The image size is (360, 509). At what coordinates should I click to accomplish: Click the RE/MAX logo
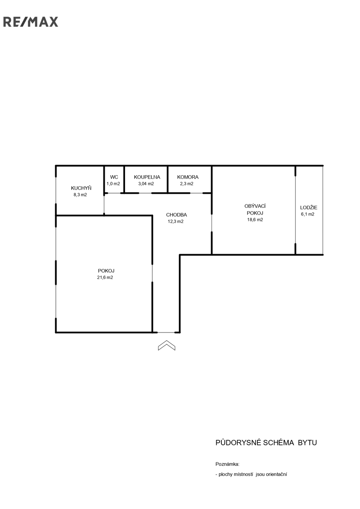pyautogui.click(x=31, y=22)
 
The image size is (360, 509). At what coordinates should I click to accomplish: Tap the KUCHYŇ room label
pyautogui.click(x=81, y=188)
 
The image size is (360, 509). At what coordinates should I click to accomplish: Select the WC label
pyautogui.click(x=114, y=177)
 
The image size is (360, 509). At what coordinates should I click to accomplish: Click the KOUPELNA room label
pyautogui.click(x=147, y=177)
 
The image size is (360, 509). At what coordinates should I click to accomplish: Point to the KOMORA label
pyautogui.click(x=187, y=177)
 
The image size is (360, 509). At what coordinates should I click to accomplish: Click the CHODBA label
pyautogui.click(x=176, y=215)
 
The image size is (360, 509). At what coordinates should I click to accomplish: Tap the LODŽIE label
pyautogui.click(x=309, y=207)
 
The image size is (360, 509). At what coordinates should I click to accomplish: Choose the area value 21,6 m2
pyautogui.click(x=105, y=277)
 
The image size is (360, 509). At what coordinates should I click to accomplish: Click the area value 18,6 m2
pyautogui.click(x=255, y=220)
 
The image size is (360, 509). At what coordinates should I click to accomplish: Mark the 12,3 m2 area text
pyautogui.click(x=176, y=221)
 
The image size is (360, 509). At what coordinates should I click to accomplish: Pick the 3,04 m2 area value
pyautogui.click(x=146, y=184)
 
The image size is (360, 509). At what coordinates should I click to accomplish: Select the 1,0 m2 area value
pyautogui.click(x=113, y=184)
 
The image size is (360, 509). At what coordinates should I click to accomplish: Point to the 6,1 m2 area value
pyautogui.click(x=308, y=214)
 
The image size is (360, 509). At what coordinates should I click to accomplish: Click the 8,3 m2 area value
pyautogui.click(x=80, y=195)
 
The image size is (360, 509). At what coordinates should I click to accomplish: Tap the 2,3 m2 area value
pyautogui.click(x=187, y=184)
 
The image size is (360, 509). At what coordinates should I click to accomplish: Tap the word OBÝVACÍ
pyautogui.click(x=255, y=206)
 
